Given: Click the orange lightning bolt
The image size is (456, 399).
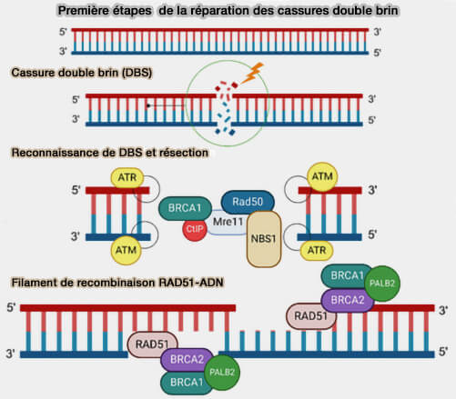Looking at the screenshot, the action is tap(252, 73).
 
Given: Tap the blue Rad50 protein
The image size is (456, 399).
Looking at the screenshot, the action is tap(248, 202).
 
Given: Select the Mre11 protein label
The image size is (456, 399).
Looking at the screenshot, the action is tap(228, 222).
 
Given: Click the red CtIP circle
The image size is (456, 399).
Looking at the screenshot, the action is tap(195, 229).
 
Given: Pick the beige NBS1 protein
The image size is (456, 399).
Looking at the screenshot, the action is tap(264, 239).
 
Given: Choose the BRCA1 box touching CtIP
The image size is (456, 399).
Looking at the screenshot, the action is tap(185, 208).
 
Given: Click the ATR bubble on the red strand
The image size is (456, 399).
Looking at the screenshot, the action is tap(127, 177).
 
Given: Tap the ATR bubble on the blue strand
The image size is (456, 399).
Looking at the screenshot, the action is tap(317, 250).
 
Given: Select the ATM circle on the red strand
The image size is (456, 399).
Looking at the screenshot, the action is tap(322, 177).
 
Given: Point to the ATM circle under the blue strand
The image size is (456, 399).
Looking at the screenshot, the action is tap(126, 250).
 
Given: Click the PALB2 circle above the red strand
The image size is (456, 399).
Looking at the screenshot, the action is tap(382, 284).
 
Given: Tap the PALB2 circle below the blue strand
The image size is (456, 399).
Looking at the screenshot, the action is tap(222, 372).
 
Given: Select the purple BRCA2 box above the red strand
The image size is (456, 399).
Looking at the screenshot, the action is tap(348, 300).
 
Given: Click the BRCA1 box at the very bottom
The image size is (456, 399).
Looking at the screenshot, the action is tap(187, 383).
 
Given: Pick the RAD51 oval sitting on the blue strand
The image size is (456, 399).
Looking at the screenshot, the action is tap(152, 344).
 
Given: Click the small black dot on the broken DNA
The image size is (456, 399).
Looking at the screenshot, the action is tap(148, 105).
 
